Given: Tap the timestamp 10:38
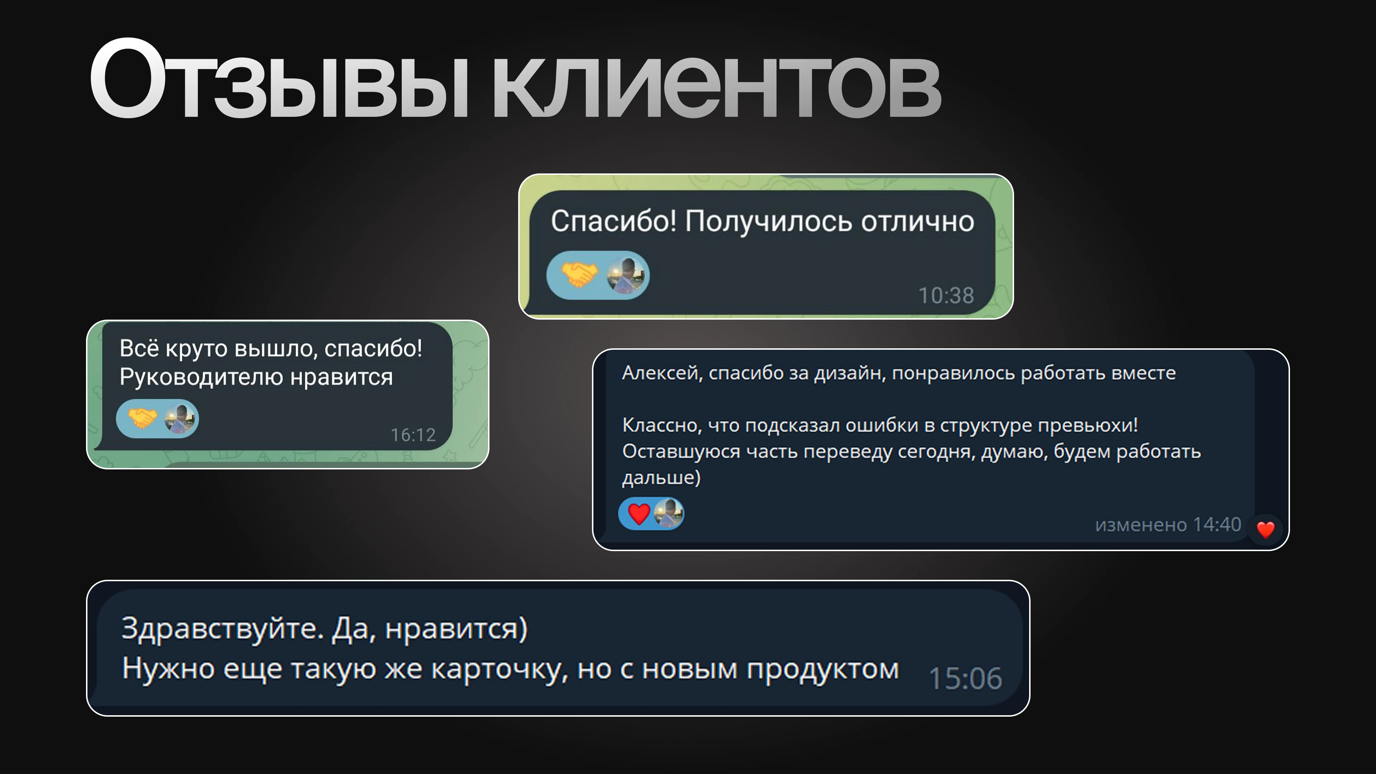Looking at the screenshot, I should (946, 295).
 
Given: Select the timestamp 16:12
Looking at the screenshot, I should (413, 435).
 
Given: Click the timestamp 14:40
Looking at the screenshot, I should (1217, 525).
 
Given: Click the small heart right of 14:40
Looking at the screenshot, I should (1265, 529).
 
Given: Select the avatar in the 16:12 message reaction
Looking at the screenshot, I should (180, 418).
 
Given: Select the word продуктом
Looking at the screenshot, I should (823, 669).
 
